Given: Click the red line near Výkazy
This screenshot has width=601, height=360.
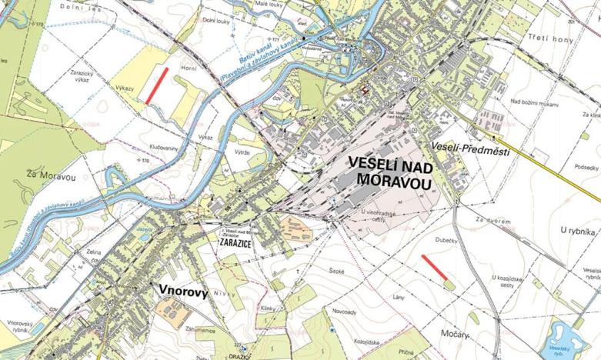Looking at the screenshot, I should [156, 85].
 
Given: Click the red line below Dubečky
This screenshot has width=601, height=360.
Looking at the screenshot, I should [436, 265].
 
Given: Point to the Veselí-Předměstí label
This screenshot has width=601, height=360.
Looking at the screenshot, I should [471, 151].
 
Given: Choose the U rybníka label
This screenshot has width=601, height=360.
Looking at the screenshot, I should [579, 230].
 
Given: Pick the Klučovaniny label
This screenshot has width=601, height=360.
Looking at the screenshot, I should [163, 145].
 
